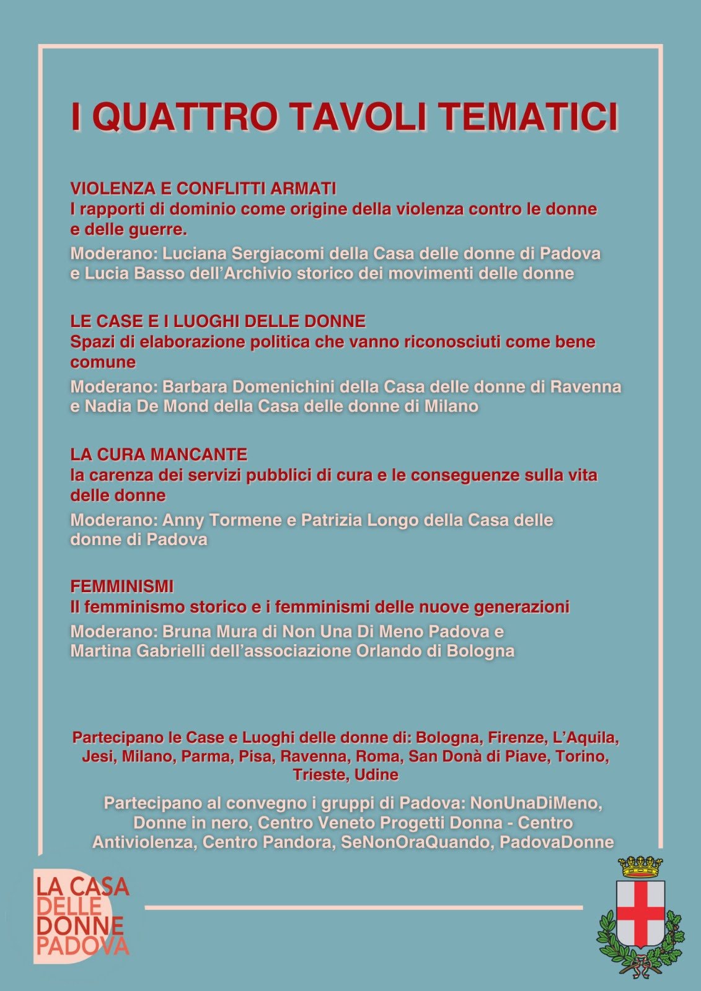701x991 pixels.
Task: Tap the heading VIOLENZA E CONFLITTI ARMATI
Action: click(x=203, y=188)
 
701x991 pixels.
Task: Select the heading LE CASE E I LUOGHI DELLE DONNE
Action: click(x=218, y=321)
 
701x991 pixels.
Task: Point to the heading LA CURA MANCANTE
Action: click(x=159, y=454)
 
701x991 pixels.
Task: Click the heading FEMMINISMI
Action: click(x=122, y=586)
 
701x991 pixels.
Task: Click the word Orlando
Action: click(x=388, y=651)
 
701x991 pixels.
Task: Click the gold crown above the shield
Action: click(x=641, y=867)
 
